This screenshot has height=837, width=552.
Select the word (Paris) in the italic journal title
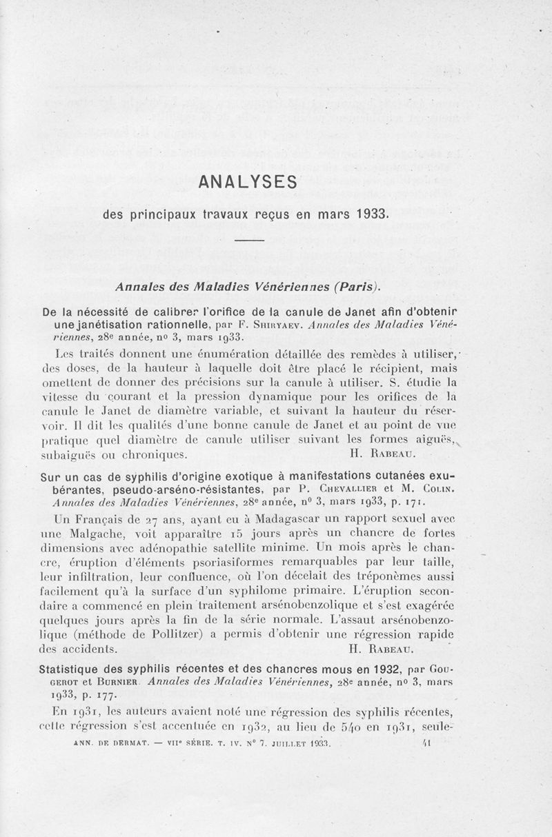tap(357, 285)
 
